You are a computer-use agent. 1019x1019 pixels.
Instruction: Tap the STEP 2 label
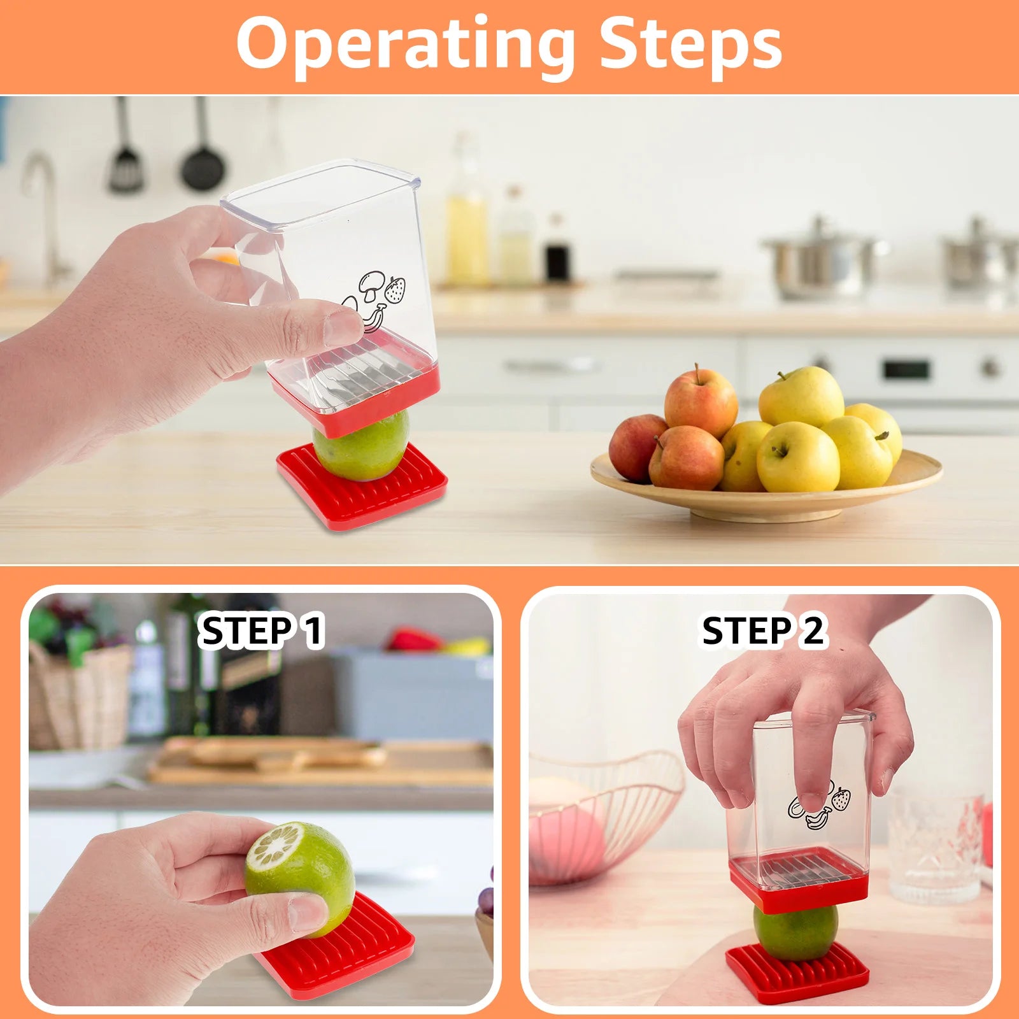(x=762, y=631)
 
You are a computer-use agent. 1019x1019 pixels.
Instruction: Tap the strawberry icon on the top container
(x=395, y=290)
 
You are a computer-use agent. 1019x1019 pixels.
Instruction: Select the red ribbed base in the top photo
(x=363, y=490)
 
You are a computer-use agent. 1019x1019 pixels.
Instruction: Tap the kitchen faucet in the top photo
(x=45, y=210)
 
